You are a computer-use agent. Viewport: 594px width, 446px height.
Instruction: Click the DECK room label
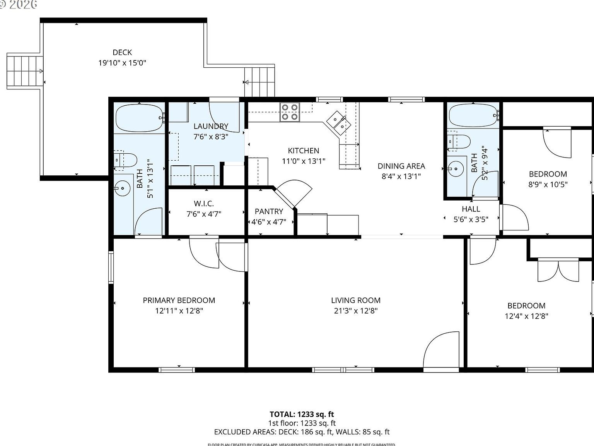point(122,52)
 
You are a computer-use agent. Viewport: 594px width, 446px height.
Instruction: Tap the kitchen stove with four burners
point(290,112)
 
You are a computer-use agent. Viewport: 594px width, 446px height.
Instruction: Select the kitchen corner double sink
point(338,122)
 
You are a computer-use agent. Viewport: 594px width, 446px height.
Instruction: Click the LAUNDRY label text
point(211,126)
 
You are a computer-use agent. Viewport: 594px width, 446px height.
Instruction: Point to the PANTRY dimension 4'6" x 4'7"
point(269,222)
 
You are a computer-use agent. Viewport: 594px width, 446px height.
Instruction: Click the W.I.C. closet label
point(204,204)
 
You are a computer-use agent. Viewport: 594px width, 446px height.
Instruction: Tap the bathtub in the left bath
point(140,118)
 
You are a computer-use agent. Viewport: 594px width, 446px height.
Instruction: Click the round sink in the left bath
point(123,189)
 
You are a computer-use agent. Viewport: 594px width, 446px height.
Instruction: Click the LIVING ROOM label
point(356,300)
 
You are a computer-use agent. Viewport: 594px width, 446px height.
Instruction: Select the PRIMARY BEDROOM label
point(179,300)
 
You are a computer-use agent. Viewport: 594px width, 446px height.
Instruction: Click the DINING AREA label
point(401,166)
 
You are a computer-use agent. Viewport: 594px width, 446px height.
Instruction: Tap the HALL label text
point(471,209)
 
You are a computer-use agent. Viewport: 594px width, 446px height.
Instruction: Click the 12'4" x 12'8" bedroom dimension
point(526,316)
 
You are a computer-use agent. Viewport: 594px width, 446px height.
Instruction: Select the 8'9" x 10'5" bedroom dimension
point(548,185)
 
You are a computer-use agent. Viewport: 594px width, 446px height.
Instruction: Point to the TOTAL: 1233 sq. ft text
point(302,414)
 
